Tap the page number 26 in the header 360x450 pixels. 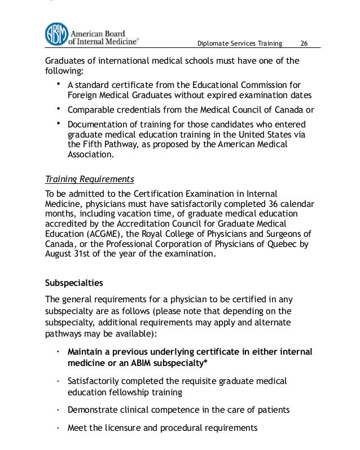pos(304,44)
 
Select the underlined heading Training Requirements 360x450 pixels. pos(89,179)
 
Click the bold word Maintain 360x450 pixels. pos(87,351)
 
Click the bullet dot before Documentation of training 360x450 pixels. pos(59,122)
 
